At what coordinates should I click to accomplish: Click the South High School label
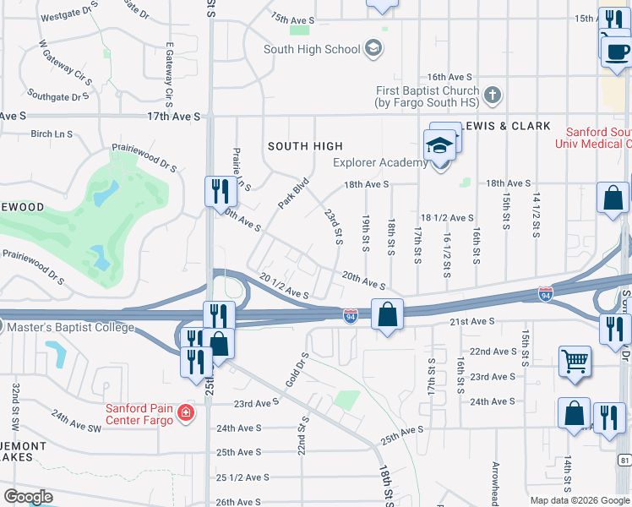pos(312,49)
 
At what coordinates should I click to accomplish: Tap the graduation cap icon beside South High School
pos(373,49)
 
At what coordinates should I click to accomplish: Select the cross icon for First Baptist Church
pos(493,93)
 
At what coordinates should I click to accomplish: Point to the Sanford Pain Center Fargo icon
pos(185,414)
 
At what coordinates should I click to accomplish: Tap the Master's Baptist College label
pos(68,328)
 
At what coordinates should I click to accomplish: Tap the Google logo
pos(27,497)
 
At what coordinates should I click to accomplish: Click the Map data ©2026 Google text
pos(580,500)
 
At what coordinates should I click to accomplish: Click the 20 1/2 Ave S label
pos(284,286)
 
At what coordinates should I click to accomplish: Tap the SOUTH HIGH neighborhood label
pos(305,146)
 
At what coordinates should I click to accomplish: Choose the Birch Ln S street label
pos(52,134)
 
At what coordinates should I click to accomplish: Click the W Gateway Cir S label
pos(66,66)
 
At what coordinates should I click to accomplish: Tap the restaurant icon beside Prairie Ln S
pos(218,191)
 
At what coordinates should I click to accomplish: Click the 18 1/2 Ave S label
pos(447,217)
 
